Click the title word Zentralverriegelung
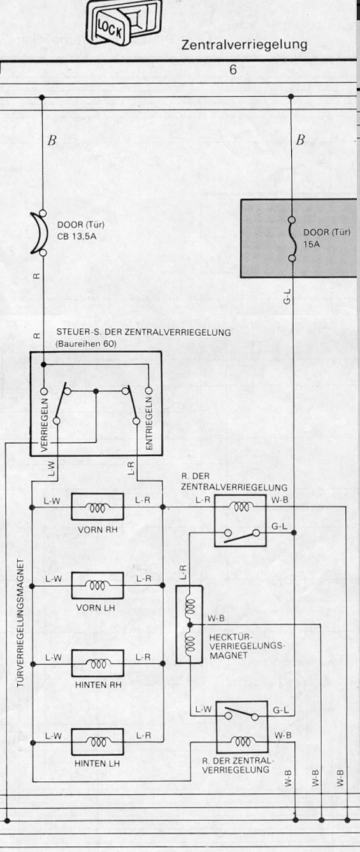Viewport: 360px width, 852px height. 244,45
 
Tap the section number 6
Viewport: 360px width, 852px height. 233,69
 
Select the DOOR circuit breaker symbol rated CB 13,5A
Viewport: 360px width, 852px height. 39,233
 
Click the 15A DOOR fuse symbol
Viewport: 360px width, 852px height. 292,239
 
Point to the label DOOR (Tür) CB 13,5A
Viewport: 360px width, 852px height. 80,231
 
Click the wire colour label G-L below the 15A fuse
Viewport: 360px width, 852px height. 287,296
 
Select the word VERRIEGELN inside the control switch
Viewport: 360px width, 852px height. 44,424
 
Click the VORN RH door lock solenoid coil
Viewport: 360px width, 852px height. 97,507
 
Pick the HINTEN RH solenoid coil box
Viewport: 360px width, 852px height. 97,664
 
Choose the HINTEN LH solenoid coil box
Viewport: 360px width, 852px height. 97,742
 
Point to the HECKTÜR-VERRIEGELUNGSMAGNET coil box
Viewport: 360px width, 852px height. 189,625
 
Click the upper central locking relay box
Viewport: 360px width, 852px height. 240,521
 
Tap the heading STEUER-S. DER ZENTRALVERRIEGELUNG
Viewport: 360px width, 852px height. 144,332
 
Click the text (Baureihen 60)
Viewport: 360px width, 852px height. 86,344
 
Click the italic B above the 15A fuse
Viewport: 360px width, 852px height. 300,140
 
